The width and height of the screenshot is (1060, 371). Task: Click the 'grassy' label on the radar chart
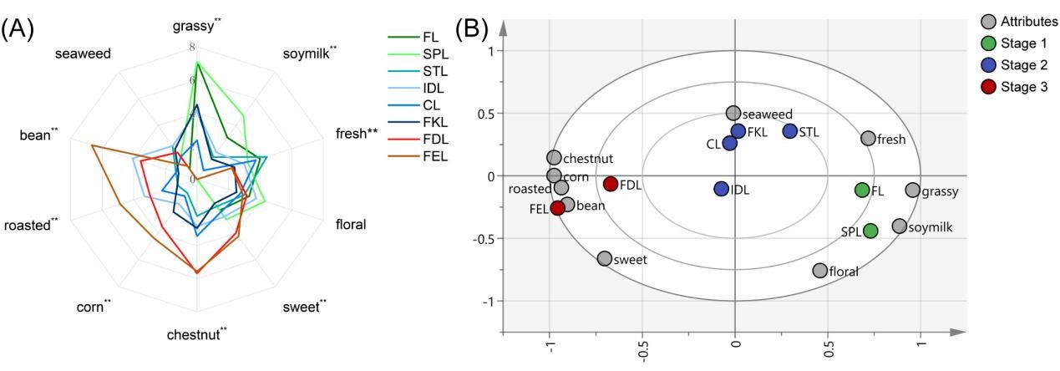(x=193, y=25)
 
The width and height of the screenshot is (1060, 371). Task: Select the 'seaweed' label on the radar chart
(x=83, y=54)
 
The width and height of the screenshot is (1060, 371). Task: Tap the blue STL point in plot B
(x=790, y=131)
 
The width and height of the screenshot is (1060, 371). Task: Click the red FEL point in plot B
(x=557, y=208)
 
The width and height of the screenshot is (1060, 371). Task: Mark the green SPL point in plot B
(x=870, y=231)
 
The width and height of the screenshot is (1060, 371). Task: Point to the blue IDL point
(x=722, y=189)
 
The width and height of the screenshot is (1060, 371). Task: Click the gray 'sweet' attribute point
(x=605, y=259)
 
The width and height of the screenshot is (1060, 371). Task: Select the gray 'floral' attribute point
(x=819, y=271)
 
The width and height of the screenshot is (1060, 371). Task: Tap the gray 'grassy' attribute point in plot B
(x=912, y=191)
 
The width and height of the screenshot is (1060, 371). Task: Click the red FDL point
(x=611, y=184)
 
